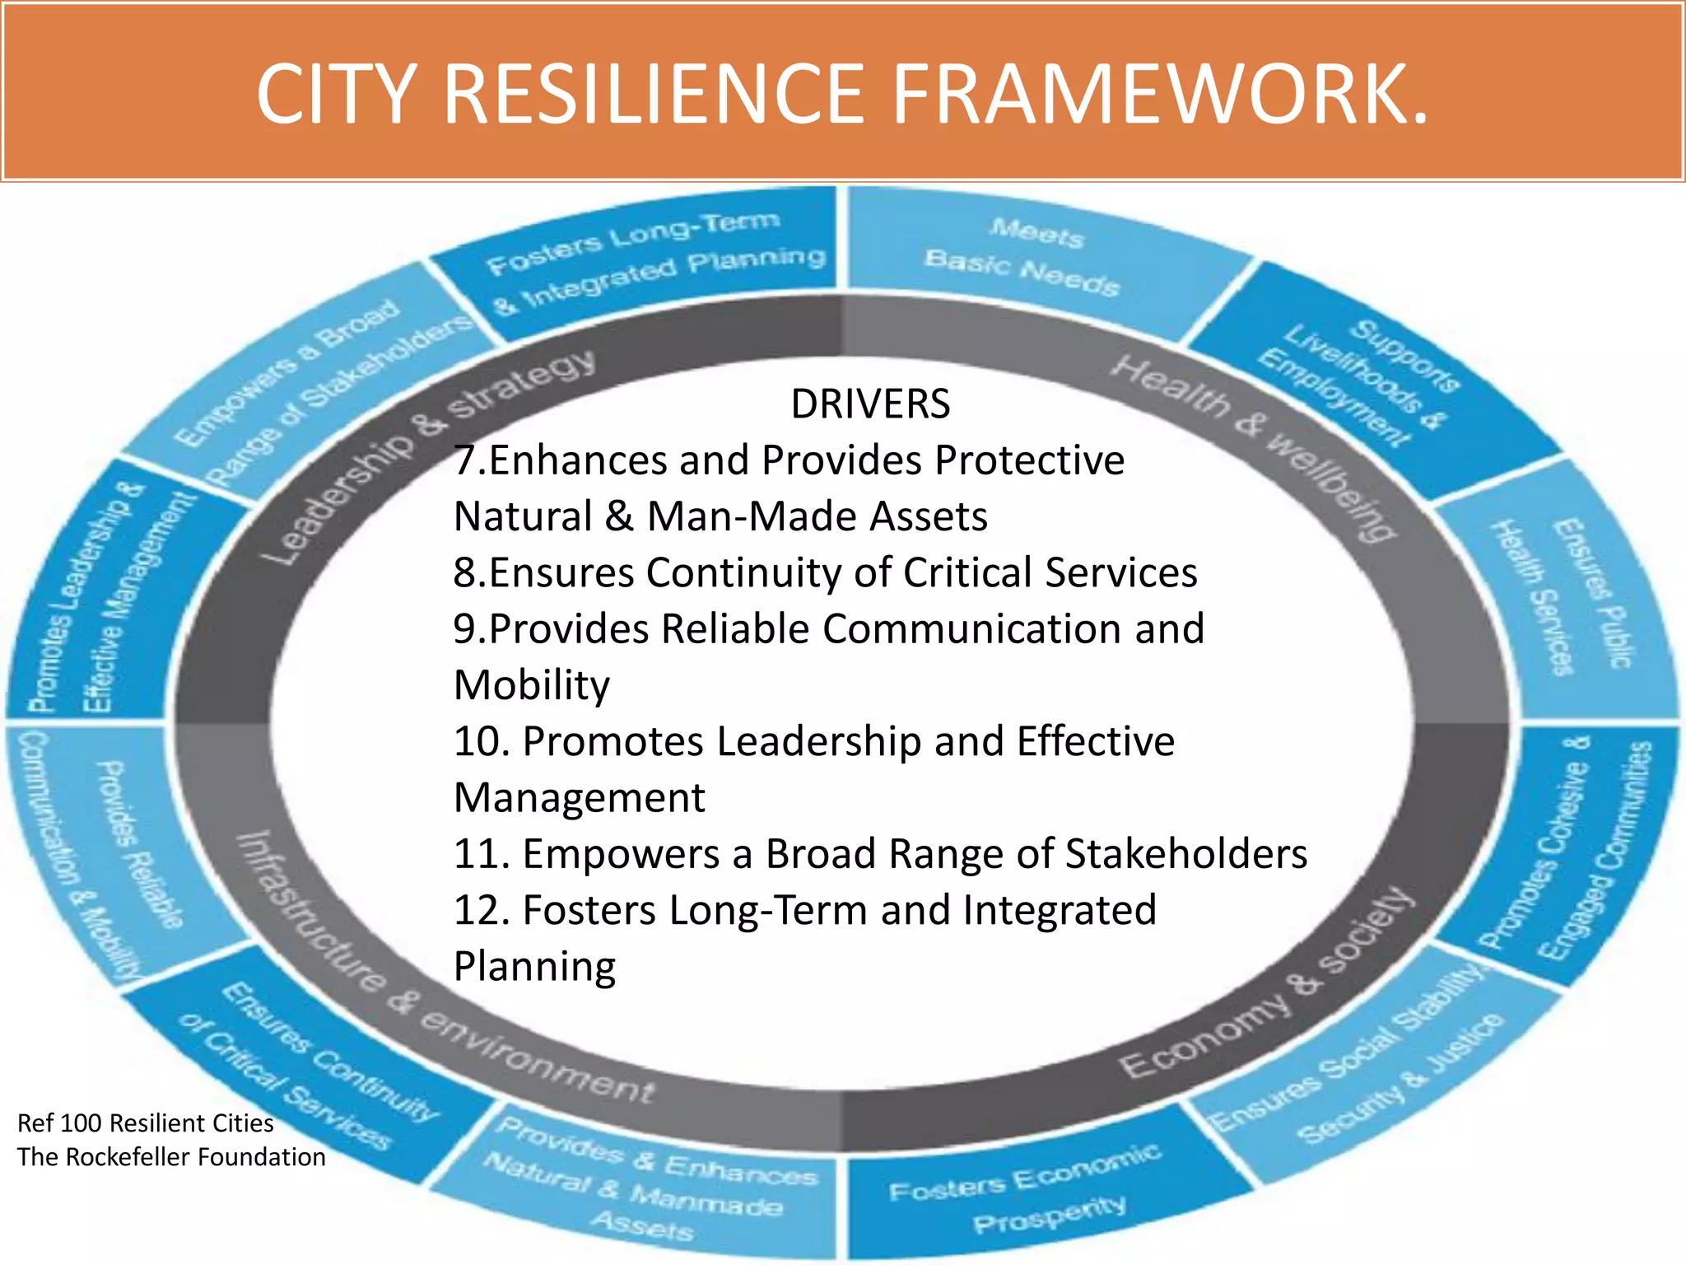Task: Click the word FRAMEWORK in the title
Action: (x=1161, y=96)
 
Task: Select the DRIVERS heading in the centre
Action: (x=870, y=404)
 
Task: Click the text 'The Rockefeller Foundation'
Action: (x=171, y=1157)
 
